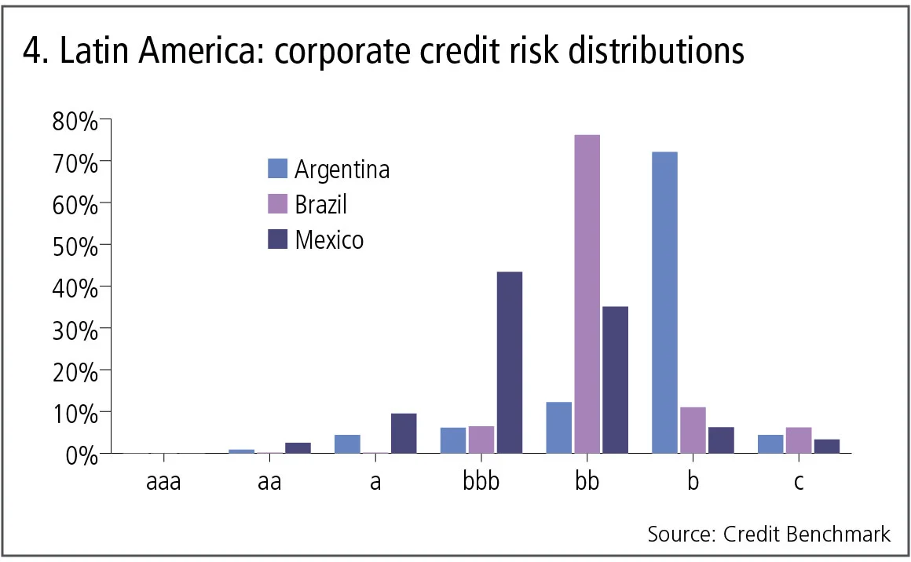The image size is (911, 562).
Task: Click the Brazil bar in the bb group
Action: pyautogui.click(x=587, y=294)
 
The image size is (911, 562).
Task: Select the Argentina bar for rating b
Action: pyautogui.click(x=664, y=302)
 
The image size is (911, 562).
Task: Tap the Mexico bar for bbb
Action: pyautogui.click(x=509, y=362)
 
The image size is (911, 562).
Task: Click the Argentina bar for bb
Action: pyautogui.click(x=558, y=427)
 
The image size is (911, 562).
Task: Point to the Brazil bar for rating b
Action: pyautogui.click(x=693, y=429)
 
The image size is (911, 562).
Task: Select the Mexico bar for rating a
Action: pyautogui.click(x=404, y=433)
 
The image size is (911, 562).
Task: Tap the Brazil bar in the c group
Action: pyautogui.click(x=799, y=440)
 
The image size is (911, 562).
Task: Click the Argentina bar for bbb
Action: pyautogui.click(x=453, y=440)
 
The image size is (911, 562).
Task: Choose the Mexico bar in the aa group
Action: pyautogui.click(x=298, y=447)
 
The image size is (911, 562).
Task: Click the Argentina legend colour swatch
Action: pyautogui.click(x=278, y=169)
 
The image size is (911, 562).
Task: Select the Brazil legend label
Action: pyautogui.click(x=320, y=204)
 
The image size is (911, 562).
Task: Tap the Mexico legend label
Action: pyautogui.click(x=329, y=239)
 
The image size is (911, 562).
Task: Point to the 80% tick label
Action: pyautogui.click(x=75, y=122)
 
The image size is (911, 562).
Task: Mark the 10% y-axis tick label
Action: pyautogui.click(x=75, y=413)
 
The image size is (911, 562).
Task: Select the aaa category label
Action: pyautogui.click(x=163, y=481)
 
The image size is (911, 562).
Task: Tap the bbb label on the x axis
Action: pyautogui.click(x=481, y=481)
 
